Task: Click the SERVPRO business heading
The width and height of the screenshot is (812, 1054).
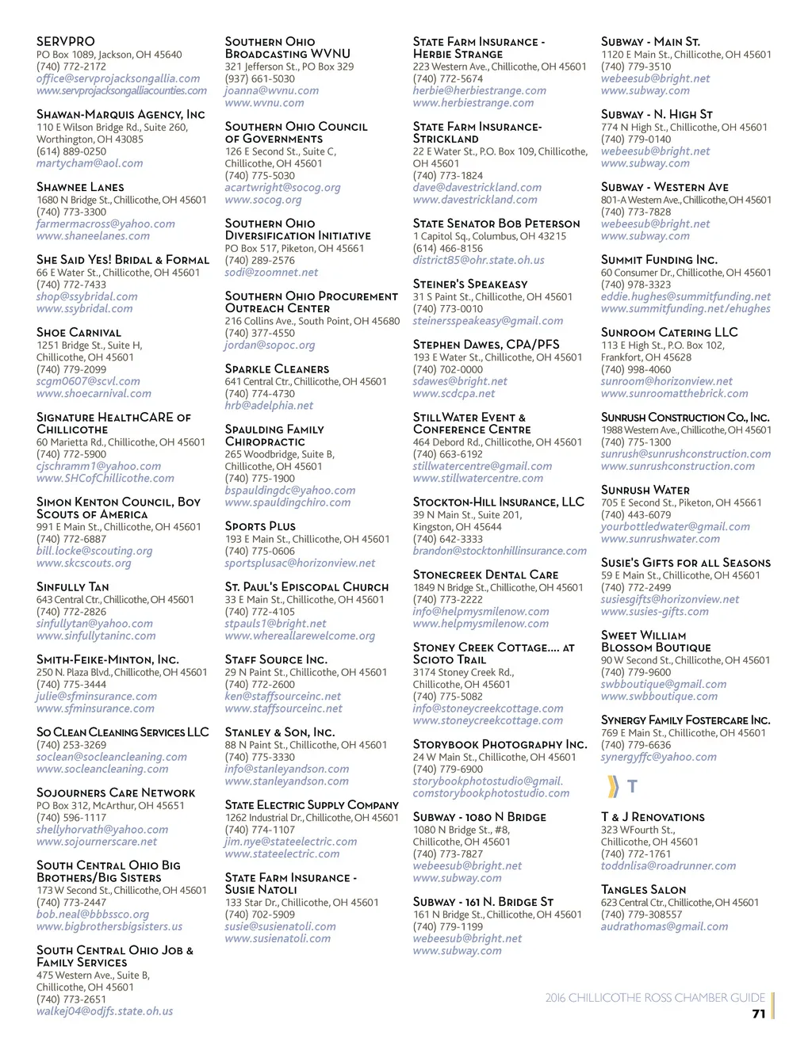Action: tap(66, 41)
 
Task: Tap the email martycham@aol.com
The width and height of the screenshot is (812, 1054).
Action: tap(90, 163)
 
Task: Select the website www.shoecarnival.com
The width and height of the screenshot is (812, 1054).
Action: tap(94, 393)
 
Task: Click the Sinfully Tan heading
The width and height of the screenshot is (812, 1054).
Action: tap(72, 587)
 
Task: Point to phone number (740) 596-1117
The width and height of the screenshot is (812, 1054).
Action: tap(71, 817)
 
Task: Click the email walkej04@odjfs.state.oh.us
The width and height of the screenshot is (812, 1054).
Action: tap(105, 1011)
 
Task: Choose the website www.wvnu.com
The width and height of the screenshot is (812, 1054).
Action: tap(264, 103)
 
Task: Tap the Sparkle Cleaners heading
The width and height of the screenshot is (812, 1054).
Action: tap(277, 369)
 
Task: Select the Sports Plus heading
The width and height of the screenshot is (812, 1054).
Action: tap(260, 526)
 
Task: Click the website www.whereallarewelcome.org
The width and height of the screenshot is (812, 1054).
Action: tap(300, 636)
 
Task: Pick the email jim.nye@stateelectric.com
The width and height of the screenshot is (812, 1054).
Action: tap(291, 842)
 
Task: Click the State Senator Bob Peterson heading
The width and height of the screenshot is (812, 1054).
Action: tap(496, 224)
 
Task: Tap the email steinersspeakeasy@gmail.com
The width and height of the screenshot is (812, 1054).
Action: tap(488, 321)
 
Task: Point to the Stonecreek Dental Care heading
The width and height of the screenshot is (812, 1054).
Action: tap(485, 575)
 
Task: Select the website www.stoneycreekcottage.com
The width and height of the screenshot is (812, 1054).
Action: tap(488, 720)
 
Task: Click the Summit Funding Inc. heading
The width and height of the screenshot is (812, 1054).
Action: tap(659, 260)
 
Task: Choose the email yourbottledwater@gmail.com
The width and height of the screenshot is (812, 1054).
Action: tap(675, 526)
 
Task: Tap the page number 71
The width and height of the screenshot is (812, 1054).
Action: tap(758, 1014)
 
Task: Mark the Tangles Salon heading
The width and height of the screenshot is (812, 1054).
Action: tap(643, 890)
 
